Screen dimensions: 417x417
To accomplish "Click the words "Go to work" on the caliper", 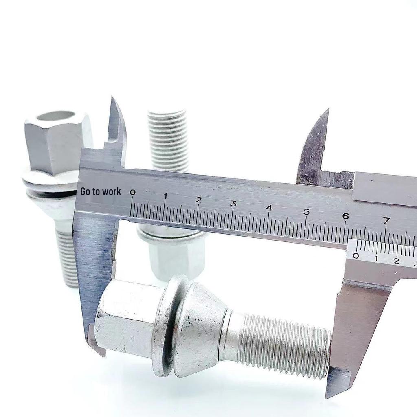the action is (101, 191).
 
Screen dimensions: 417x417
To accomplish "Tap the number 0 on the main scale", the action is (132, 193).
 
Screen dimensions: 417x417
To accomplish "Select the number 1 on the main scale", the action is (165, 196).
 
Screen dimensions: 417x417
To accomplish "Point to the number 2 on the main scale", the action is (199, 200).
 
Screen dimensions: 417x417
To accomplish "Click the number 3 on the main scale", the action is (233, 204).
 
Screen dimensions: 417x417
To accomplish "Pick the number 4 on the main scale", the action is (269, 208).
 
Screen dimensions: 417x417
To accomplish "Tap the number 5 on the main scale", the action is (307, 212).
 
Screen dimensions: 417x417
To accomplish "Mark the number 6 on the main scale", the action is (345, 216).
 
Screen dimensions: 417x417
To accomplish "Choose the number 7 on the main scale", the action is (386, 220).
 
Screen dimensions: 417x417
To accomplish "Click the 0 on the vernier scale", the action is (356, 256).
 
